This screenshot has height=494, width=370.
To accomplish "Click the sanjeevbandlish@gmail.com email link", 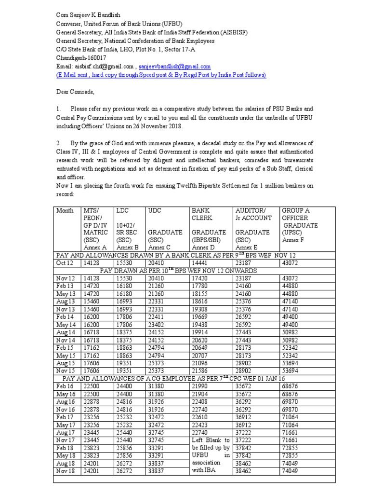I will (x=175, y=67).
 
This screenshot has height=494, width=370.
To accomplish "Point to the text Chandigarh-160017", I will (x=81, y=58).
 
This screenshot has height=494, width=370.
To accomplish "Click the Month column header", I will (x=65, y=211).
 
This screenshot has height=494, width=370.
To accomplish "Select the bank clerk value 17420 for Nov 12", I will (x=202, y=279).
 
